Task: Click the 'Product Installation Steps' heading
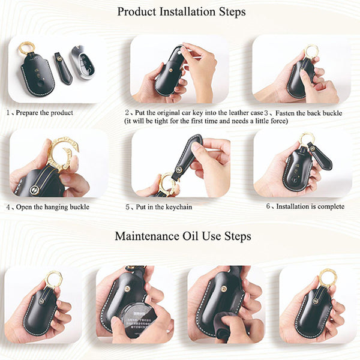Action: point(181,12)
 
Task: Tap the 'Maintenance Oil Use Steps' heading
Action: point(183,236)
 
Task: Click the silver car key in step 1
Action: point(83,62)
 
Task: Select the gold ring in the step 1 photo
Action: point(26,48)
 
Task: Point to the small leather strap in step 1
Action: point(63,68)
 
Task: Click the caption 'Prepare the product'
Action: point(44,113)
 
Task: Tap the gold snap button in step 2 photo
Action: point(170,70)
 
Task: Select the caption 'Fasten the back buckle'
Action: point(309,113)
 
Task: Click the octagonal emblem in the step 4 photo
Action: point(35,190)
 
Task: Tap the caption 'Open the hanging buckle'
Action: point(53,207)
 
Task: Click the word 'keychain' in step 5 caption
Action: point(179,207)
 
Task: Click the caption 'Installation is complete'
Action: point(310,206)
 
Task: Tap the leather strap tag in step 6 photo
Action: point(320,155)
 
